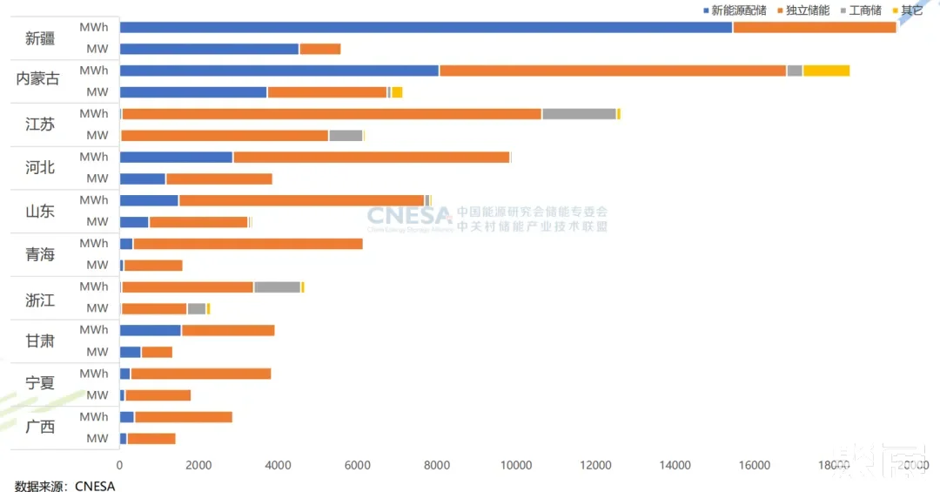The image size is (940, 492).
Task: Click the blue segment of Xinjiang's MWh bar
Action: tap(426, 27)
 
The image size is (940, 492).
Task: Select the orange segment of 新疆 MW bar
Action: tap(319, 49)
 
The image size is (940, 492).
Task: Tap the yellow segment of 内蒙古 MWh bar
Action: tap(826, 71)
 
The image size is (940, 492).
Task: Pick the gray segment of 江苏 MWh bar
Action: tap(579, 114)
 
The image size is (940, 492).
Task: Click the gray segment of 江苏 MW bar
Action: tap(346, 135)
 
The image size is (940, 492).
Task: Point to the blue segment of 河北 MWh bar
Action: tap(176, 157)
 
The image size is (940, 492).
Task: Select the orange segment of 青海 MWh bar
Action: tap(247, 244)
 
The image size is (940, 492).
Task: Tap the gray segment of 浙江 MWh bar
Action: tap(277, 286)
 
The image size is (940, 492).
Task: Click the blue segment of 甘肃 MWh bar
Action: tap(150, 330)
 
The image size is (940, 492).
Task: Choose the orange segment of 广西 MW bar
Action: tap(151, 439)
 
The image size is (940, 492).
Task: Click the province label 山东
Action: tap(40, 211)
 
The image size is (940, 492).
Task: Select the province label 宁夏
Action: tap(40, 384)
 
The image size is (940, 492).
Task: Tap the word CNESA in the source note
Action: tap(95, 485)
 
